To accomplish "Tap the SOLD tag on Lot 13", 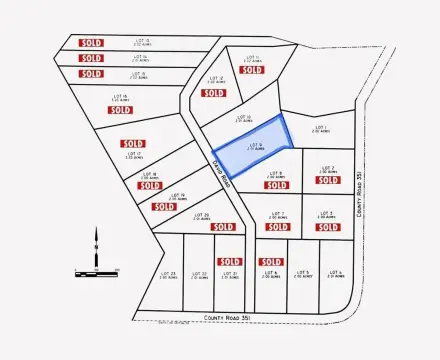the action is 91,42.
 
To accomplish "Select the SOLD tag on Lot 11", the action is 252,70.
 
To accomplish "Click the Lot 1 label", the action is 320,129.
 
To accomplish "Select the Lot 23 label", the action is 168,274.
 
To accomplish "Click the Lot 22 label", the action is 198,274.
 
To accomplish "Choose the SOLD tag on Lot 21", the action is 229,262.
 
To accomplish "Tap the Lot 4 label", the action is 334,274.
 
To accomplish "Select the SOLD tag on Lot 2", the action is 327,182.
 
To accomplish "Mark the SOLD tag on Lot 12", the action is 213,93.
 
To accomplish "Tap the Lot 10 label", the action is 228,119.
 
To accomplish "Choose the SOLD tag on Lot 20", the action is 199,227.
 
